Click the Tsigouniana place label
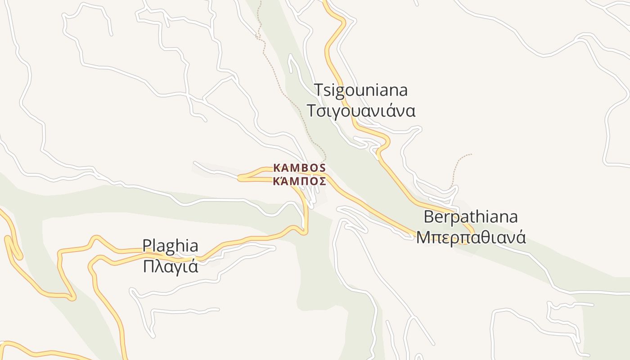[360, 90]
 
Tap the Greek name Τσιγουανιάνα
[360, 111]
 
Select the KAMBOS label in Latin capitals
[299, 168]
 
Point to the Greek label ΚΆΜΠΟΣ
[299, 182]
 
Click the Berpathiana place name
[471, 217]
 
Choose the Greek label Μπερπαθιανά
[471, 237]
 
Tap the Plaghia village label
[170, 246]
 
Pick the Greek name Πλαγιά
[170, 267]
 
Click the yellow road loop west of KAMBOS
[245, 177]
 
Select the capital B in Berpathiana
[429, 217]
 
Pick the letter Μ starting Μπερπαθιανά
[423, 237]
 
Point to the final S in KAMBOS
[322, 168]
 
